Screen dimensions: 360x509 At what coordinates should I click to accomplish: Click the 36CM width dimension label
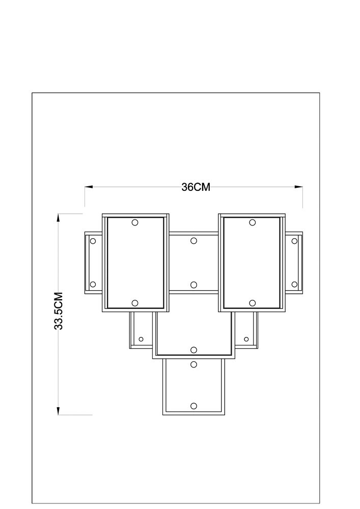coord(196,187)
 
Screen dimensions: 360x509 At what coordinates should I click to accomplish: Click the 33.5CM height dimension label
coord(59,311)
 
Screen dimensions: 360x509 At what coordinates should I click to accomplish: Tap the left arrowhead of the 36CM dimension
coord(89,187)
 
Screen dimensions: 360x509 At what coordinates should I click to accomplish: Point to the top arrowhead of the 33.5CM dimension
coord(59,218)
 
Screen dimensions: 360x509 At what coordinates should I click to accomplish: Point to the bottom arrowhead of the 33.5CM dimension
coord(59,411)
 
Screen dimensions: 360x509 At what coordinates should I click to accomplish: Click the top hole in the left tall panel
coord(135,222)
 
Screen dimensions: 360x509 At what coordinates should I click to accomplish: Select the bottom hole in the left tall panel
coord(135,303)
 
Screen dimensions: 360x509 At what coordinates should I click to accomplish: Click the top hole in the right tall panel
coord(252,222)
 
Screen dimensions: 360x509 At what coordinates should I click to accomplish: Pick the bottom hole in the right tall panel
coord(252,303)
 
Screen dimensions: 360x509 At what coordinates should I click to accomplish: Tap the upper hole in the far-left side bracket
coord(93,241)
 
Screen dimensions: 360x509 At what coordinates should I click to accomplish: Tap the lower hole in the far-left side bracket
coord(93,285)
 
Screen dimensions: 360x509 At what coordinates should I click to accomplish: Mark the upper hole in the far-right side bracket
coord(294,241)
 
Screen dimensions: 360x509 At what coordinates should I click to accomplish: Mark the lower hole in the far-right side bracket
coord(294,285)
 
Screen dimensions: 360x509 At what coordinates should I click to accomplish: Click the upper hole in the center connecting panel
coord(194,241)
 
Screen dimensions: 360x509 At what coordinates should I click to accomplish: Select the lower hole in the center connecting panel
coord(194,285)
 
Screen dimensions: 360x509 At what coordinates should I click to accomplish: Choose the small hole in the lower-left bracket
coord(141,339)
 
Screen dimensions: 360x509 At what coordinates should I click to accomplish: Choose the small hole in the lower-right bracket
coord(246,339)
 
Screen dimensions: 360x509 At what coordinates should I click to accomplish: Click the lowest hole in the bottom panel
coord(194,406)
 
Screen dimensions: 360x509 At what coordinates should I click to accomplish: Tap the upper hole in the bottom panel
coord(194,364)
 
